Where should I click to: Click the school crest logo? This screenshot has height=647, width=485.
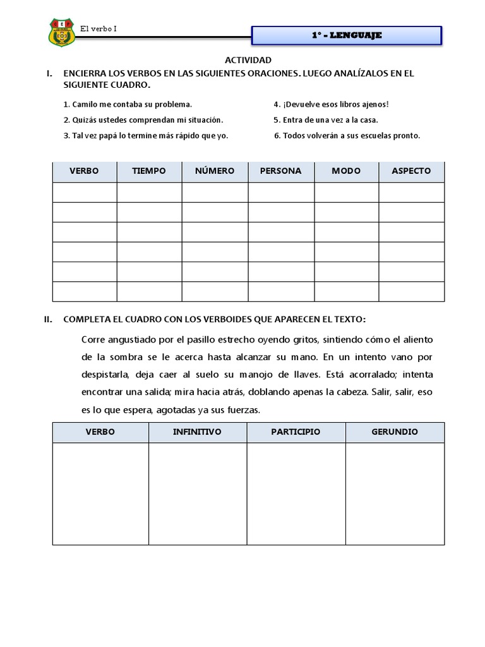point(61,32)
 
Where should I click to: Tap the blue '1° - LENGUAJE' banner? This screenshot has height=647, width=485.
point(346,35)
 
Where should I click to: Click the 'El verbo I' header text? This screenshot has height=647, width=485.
point(99,28)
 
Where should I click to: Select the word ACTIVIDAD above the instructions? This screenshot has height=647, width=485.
point(248,60)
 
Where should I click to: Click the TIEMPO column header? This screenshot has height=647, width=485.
point(149,171)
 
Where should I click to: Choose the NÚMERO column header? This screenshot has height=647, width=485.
point(215,171)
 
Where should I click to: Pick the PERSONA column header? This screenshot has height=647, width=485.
point(280,171)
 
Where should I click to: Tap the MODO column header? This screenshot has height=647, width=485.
point(346,171)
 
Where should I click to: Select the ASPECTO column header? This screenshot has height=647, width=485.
point(411,171)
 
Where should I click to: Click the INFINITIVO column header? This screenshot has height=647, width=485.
point(197,432)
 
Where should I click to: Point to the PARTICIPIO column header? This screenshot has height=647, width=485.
point(296,432)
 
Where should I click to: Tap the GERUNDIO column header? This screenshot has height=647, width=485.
point(395,432)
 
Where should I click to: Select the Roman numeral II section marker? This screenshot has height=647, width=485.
point(49,319)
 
